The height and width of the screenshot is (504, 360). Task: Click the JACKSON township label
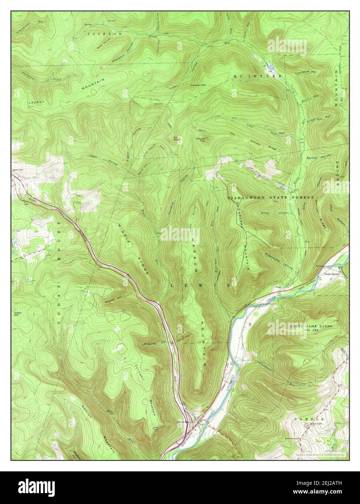[104, 33]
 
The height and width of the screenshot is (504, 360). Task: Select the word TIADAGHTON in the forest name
[247, 198]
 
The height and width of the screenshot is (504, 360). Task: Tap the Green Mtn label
[18, 314]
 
